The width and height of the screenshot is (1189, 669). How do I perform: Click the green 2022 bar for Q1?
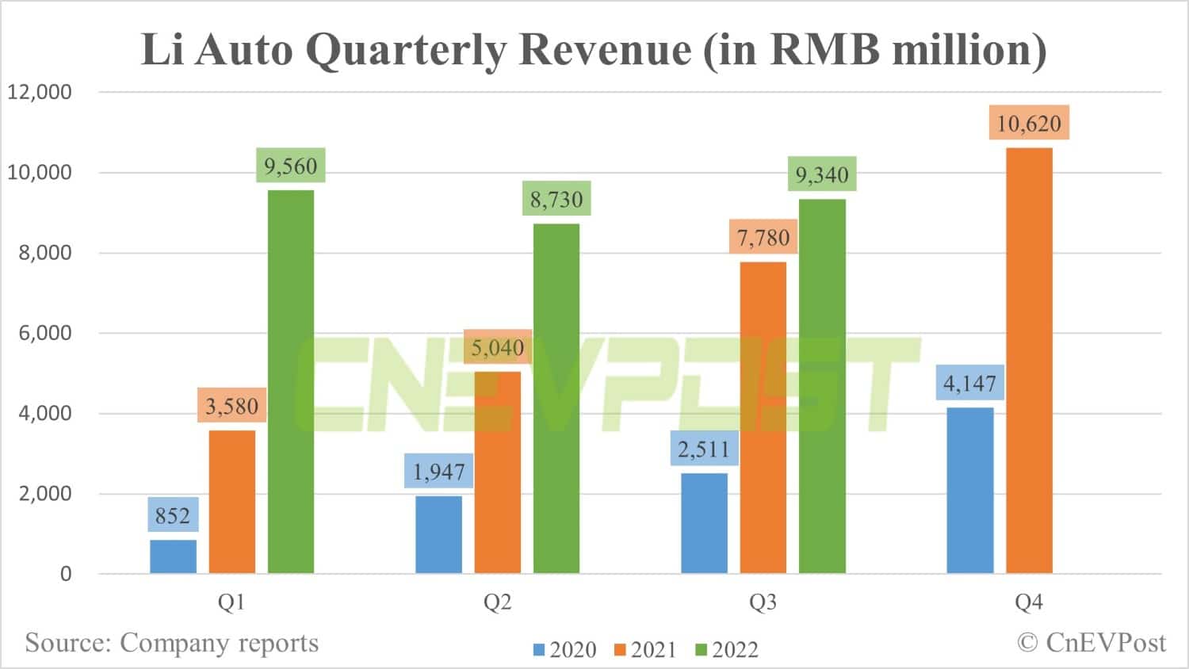point(291,381)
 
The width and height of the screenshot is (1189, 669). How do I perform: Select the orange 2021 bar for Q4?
point(1029,361)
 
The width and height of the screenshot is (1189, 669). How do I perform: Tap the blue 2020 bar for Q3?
point(704,523)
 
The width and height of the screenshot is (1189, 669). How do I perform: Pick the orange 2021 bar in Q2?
point(498,472)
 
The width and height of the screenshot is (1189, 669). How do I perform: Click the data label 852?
point(173,516)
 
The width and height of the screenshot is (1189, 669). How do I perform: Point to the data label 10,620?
point(1029,124)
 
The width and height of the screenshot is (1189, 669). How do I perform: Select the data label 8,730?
point(556,200)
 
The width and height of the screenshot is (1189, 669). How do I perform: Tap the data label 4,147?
point(969,384)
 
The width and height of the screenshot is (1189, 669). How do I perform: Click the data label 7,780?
point(763,238)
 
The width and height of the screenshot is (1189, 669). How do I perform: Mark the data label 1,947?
point(438,472)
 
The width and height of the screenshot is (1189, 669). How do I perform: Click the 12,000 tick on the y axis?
point(40,92)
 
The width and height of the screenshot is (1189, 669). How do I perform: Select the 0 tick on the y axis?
point(66,574)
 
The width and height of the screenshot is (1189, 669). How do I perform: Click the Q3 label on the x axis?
point(763,603)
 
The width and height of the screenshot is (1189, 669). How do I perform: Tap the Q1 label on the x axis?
point(231,603)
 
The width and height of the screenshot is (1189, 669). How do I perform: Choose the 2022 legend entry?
point(727,650)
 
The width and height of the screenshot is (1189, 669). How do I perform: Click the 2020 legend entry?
point(564,650)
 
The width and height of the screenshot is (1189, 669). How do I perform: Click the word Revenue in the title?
point(605,49)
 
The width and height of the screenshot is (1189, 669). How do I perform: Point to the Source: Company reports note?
point(172,642)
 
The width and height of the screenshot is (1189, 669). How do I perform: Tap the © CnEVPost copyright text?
point(1092,642)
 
